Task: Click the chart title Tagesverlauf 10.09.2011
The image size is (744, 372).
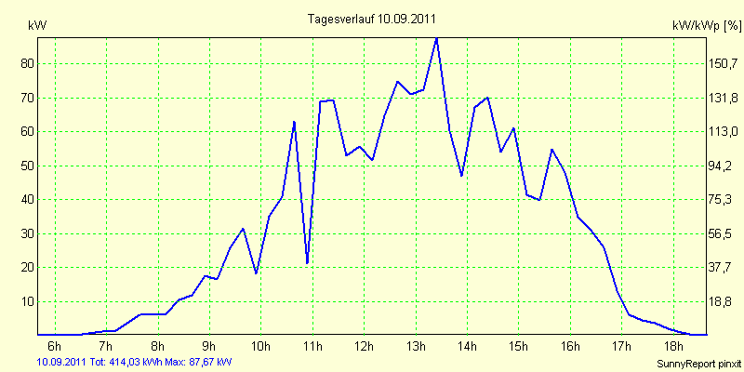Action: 371,19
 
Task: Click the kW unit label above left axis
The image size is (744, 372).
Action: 37,26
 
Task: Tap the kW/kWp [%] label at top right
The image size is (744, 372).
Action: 706,26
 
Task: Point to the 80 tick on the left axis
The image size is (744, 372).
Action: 24,63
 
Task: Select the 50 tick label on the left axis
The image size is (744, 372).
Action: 24,166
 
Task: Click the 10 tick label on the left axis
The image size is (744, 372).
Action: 24,301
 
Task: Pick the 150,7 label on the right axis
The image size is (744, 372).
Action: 723,63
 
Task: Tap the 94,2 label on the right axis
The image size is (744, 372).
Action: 723,166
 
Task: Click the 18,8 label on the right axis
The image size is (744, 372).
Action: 723,301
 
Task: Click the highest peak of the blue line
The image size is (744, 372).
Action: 436,38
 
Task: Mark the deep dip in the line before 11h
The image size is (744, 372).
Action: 307,263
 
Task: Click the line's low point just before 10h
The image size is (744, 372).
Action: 257,273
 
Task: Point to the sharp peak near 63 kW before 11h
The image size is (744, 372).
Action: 294,122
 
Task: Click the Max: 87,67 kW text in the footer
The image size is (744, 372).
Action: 198,363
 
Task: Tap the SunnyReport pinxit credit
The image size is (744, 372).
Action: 698,364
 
